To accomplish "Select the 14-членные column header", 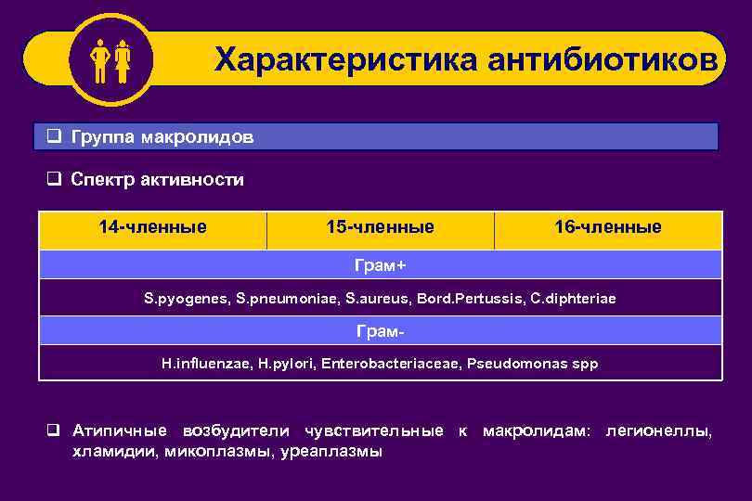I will [x=153, y=226].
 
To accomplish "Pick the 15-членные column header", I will [x=380, y=226].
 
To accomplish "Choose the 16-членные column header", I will [x=607, y=226].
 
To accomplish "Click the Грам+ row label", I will [x=380, y=265].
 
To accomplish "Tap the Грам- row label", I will [x=380, y=331].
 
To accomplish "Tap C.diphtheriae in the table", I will [x=572, y=300].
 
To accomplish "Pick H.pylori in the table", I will [x=285, y=364].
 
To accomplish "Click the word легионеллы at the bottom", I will [x=660, y=431].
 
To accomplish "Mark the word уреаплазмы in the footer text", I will [x=332, y=452].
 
